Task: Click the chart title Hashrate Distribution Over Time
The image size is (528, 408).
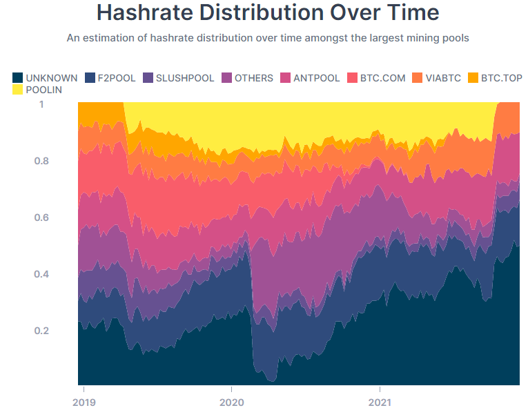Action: (x=268, y=12)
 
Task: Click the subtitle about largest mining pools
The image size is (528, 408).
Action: (x=268, y=38)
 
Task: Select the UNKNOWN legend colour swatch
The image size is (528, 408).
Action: (x=18, y=78)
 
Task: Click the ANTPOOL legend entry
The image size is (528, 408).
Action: (x=310, y=78)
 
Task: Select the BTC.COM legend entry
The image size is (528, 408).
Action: (x=376, y=78)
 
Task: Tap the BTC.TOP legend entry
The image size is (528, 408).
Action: (x=495, y=78)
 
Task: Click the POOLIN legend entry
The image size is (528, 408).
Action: (x=37, y=90)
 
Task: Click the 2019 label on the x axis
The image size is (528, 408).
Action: (x=84, y=401)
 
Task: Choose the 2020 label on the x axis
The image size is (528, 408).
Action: (x=231, y=401)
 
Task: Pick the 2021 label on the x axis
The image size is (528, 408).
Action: (x=380, y=401)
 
